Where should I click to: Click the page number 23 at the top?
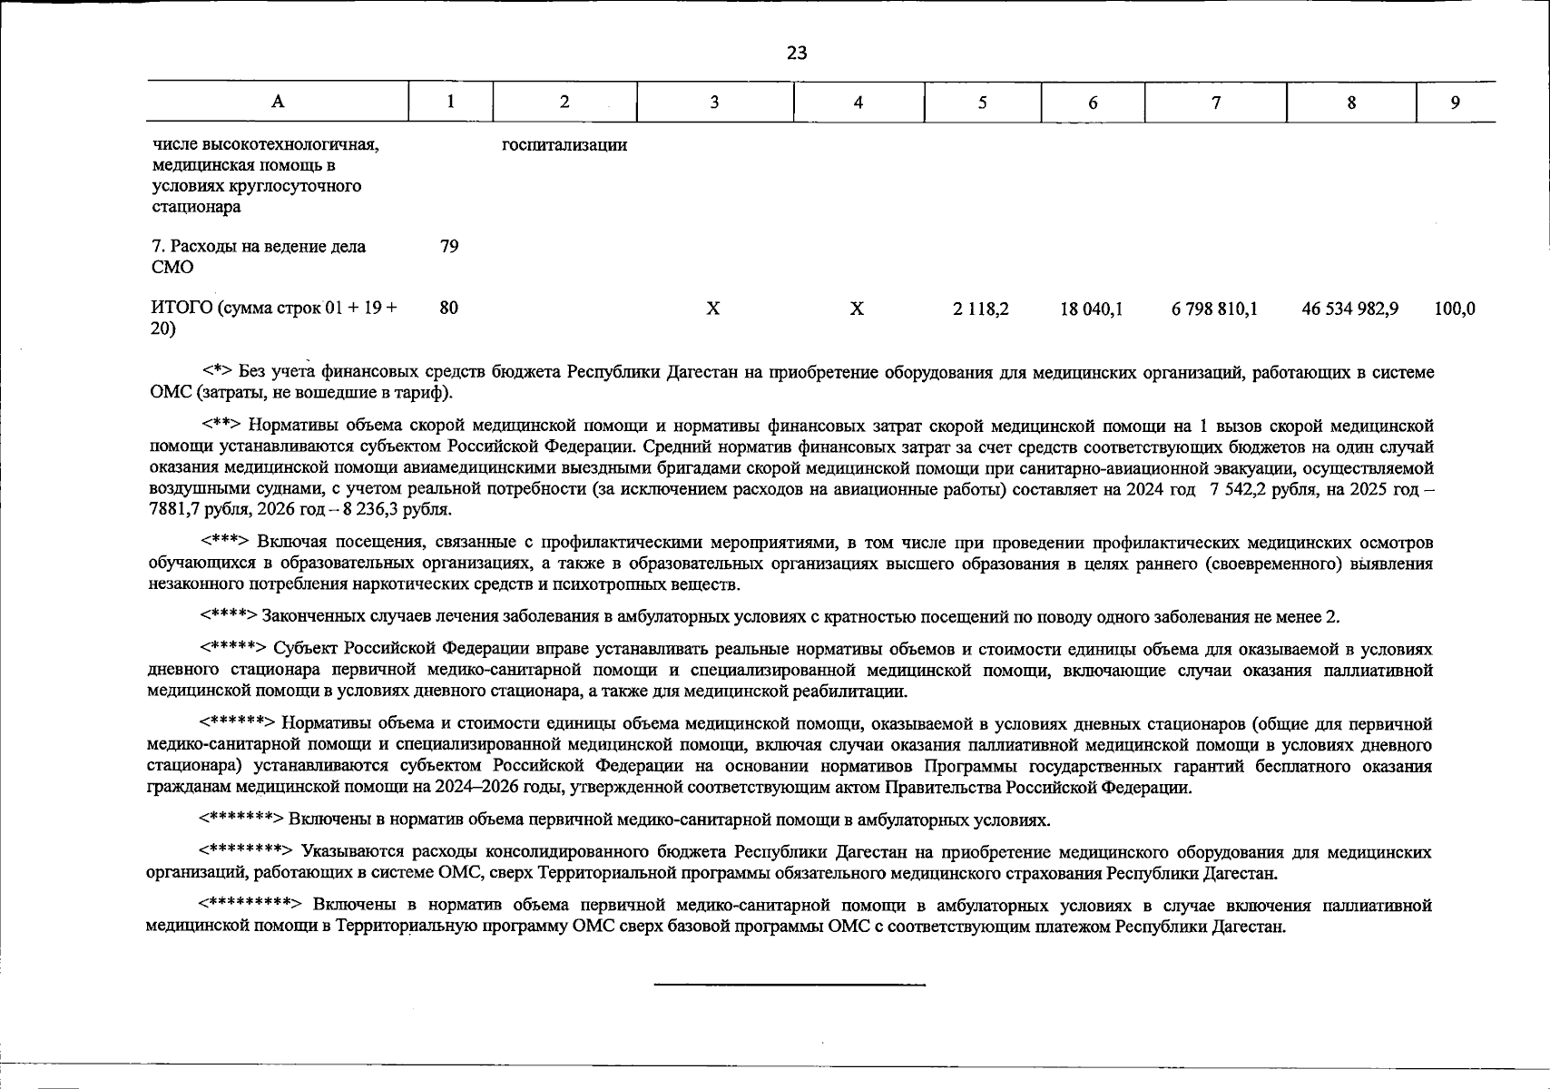coord(796,54)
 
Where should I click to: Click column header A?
coord(278,102)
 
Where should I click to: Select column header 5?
coord(982,103)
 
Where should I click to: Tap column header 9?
coord(1455,103)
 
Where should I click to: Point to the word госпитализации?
coord(564,145)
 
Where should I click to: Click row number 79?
coord(449,246)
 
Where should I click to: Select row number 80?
coord(449,309)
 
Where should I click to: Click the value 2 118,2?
coord(981,309)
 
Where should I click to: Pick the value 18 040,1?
coord(1092,309)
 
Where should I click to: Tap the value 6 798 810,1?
coord(1214,309)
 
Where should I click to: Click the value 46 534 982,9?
coord(1350,309)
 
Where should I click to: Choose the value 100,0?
coord(1455,309)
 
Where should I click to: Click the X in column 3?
coord(713,309)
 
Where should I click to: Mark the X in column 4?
coord(857,309)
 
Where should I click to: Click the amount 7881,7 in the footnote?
coord(173,510)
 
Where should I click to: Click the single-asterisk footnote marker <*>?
coord(218,372)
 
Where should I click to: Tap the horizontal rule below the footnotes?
coord(790,985)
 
